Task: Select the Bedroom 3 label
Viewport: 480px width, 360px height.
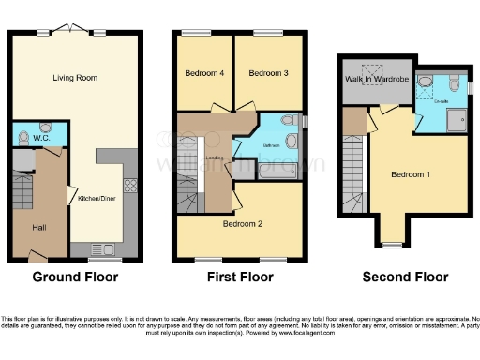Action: [268, 73]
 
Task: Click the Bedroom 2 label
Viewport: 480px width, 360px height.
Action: [242, 224]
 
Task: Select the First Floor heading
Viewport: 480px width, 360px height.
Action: [240, 277]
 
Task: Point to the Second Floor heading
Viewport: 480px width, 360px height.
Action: [405, 277]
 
